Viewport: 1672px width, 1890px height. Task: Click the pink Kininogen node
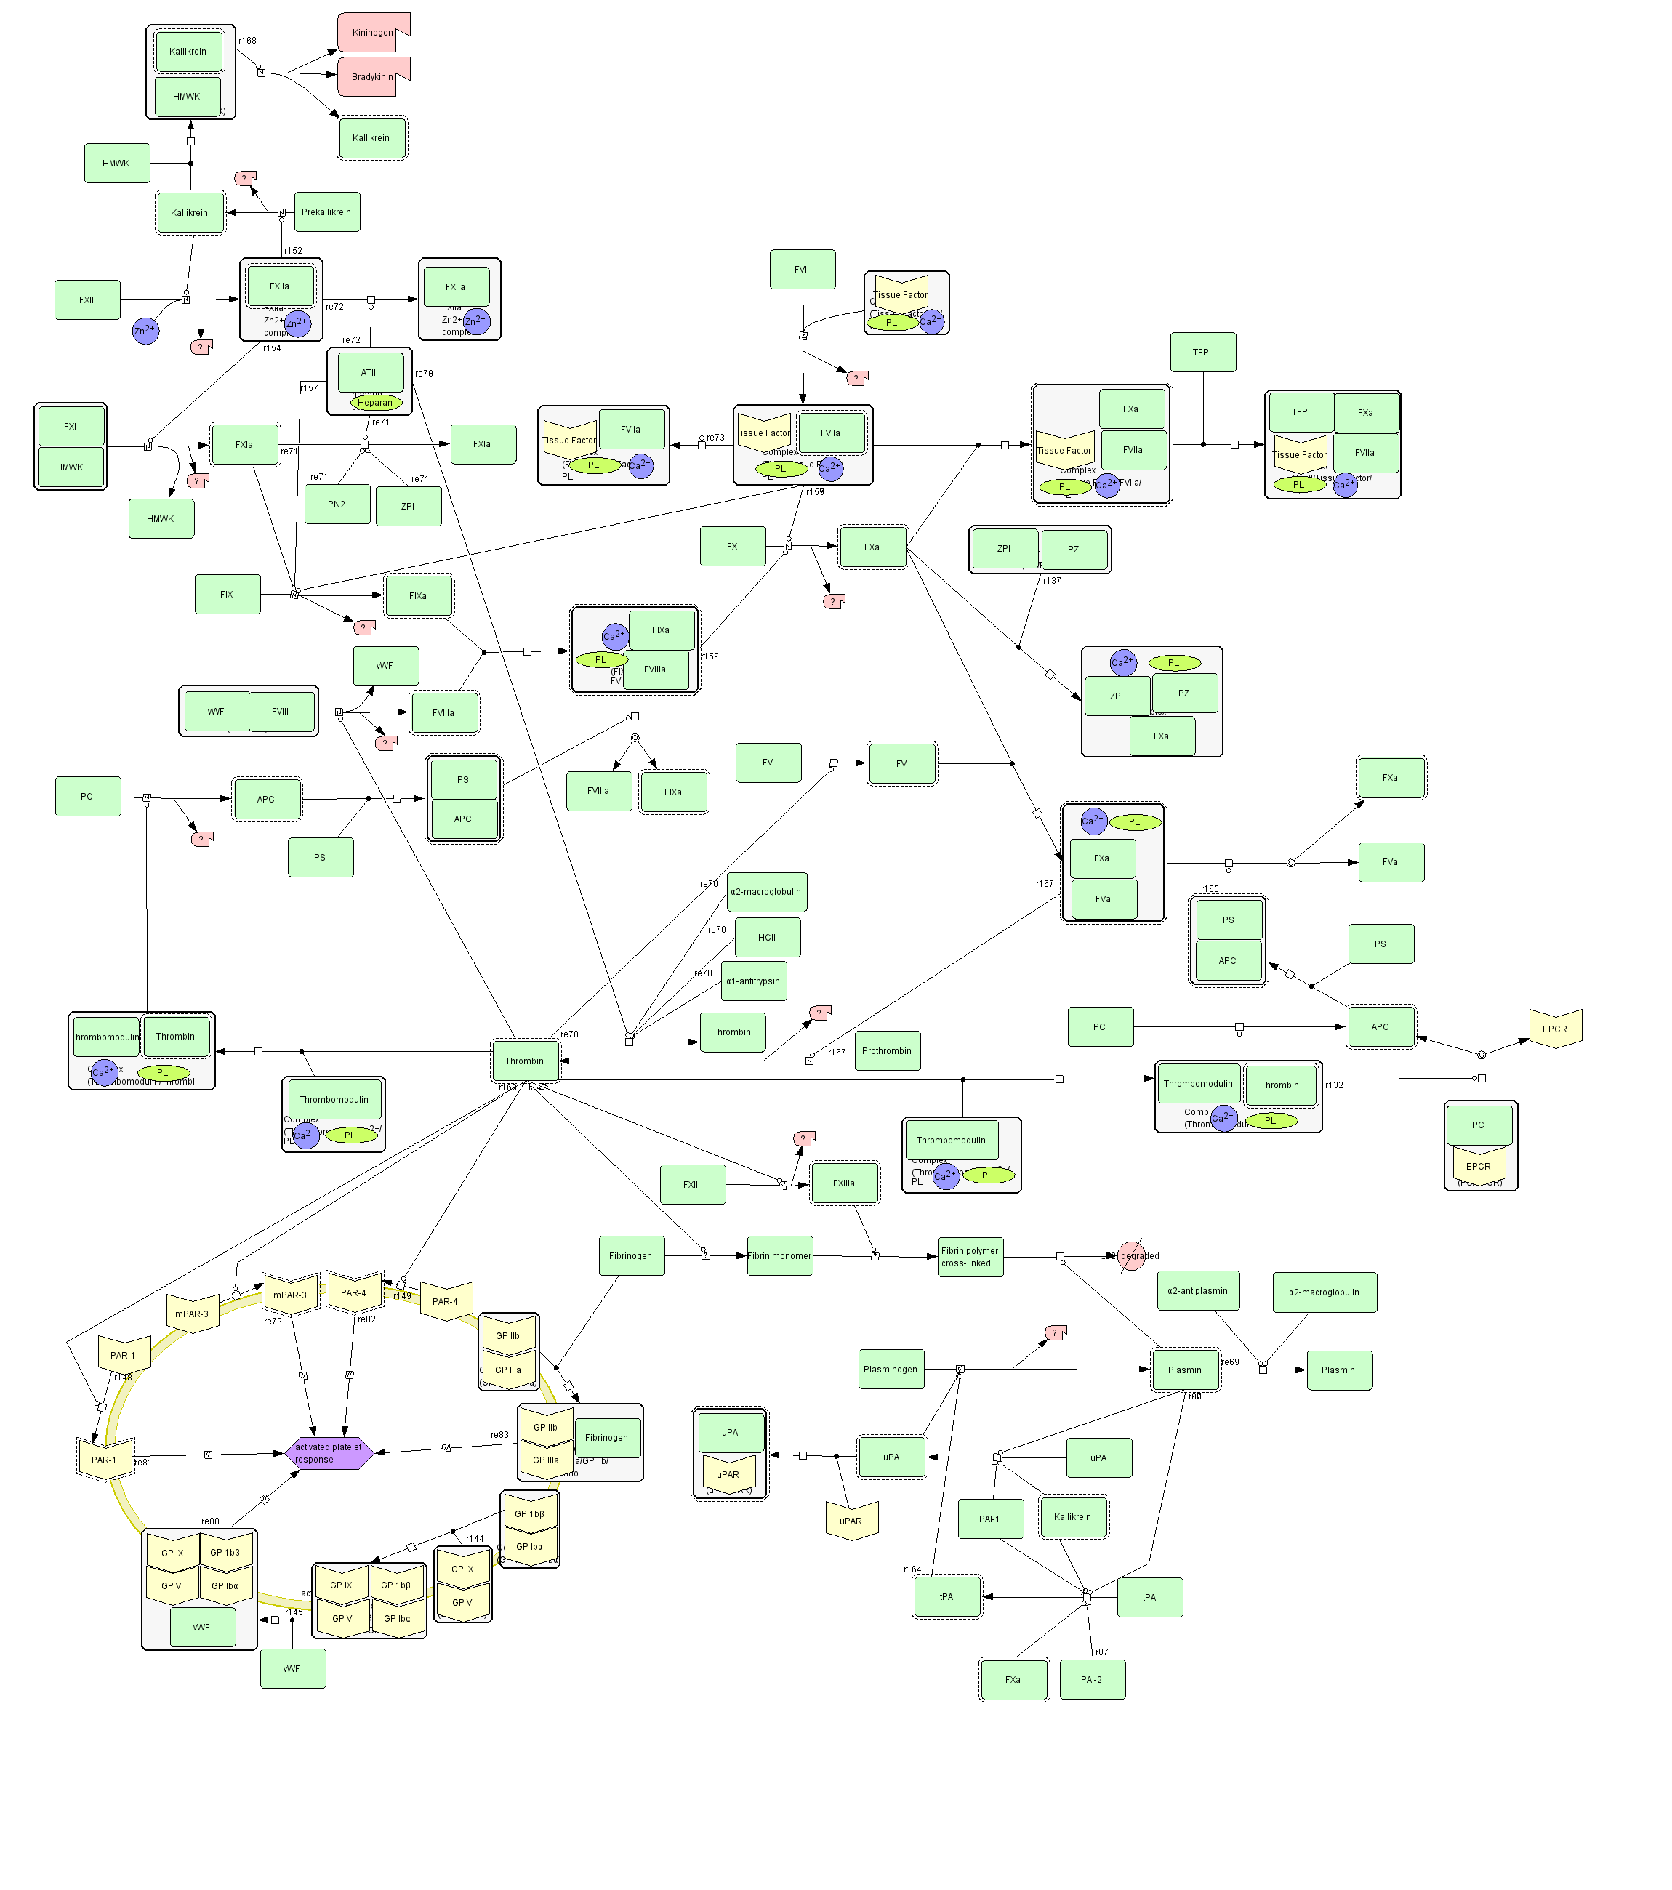(373, 33)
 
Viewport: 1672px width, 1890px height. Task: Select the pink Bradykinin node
(373, 77)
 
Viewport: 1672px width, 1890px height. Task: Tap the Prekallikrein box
(326, 212)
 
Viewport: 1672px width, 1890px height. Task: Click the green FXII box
(87, 299)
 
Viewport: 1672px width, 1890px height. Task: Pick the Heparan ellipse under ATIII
(375, 402)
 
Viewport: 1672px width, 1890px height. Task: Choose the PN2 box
(337, 504)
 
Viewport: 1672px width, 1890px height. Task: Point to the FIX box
(228, 594)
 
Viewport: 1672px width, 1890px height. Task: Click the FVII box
(802, 269)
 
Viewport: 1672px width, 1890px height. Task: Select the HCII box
(767, 937)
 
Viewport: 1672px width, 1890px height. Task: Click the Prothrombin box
(887, 1050)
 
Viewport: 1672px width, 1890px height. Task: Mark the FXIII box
(692, 1183)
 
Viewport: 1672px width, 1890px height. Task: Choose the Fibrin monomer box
(779, 1255)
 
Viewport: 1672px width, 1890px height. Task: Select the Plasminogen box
(891, 1369)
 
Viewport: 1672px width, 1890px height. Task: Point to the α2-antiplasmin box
(1197, 1291)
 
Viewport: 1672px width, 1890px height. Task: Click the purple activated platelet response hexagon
(329, 1452)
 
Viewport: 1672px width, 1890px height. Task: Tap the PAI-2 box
(1091, 1679)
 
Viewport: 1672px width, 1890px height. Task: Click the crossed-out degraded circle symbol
(1130, 1255)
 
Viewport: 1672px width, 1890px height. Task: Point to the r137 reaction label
(1051, 581)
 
